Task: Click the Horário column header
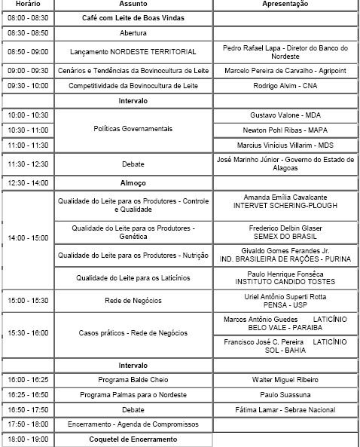pos(28,4)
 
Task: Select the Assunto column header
pos(133,4)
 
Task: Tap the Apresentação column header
pos(285,4)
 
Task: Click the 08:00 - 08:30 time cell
pos(28,17)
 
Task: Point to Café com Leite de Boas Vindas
pos(133,17)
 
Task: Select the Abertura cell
pos(133,34)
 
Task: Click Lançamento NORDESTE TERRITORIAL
pos(133,52)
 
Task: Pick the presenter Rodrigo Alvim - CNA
pos(285,86)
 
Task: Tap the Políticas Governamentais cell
pos(133,130)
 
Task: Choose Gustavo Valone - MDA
pos(285,115)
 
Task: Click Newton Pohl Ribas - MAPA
pos(285,130)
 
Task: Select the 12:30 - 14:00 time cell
pos(28,182)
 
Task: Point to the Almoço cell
pos(133,182)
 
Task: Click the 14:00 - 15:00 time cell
pos(28,239)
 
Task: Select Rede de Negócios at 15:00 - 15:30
pos(133,301)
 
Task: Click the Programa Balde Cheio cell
pos(133,379)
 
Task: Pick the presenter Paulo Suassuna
pos(285,394)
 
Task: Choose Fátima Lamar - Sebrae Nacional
pos(285,409)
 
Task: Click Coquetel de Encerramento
pos(133,439)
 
